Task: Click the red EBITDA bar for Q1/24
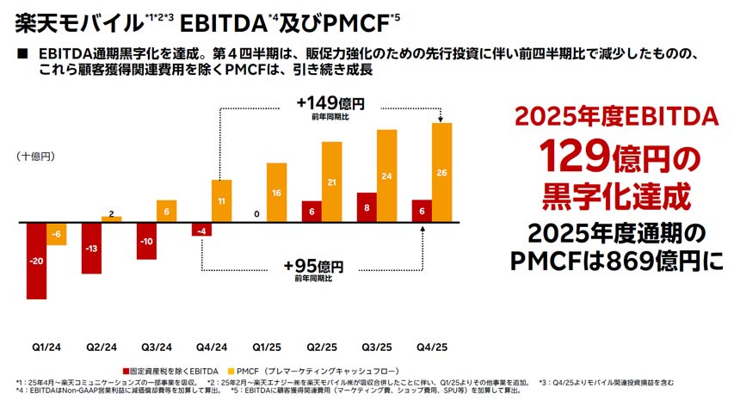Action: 36,260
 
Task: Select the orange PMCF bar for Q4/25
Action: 442,172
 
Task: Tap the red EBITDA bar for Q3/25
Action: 367,207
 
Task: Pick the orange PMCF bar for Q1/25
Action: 277,192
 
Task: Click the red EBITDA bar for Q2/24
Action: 91,248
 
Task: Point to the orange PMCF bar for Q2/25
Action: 332,182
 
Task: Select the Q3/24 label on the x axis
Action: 157,347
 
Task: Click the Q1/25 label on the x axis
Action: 267,347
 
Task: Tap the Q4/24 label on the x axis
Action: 212,347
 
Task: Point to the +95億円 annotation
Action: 315,265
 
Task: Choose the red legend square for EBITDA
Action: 126,369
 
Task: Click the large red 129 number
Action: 573,156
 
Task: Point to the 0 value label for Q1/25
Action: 256,213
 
